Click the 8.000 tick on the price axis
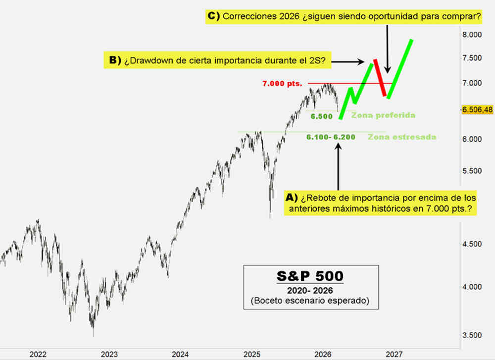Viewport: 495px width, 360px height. [x=472, y=35]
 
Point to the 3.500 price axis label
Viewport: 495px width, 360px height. [x=472, y=335]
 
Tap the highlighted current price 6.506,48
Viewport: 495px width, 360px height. [x=477, y=109]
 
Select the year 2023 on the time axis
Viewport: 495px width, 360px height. [x=109, y=354]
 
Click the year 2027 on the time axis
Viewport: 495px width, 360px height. [x=394, y=354]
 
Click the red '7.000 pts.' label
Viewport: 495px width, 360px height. [x=282, y=84]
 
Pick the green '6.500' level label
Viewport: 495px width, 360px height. [x=321, y=116]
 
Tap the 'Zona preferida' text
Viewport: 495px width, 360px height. [x=383, y=115]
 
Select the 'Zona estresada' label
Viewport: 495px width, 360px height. [x=402, y=137]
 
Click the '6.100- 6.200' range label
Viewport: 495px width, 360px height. [x=330, y=137]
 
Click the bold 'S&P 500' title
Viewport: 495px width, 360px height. [x=310, y=275]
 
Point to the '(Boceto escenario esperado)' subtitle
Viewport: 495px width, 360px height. [x=310, y=301]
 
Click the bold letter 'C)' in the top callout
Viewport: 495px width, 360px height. [x=213, y=16]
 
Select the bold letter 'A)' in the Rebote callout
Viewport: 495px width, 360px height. [x=292, y=197]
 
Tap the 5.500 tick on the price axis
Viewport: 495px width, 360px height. [x=472, y=171]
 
